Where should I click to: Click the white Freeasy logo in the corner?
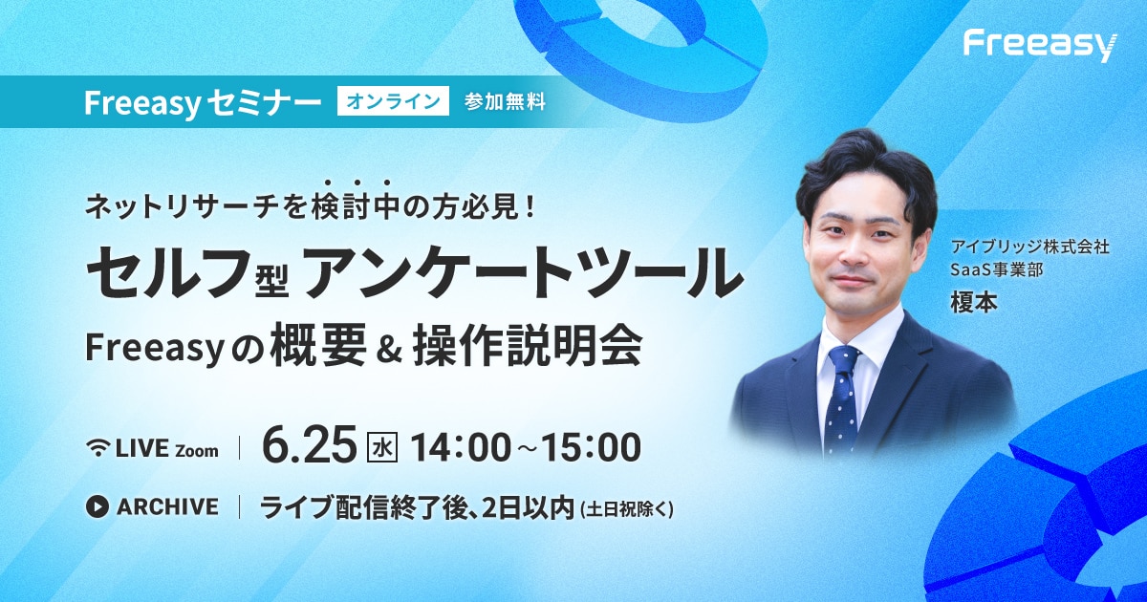(x=1040, y=48)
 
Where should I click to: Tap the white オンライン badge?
(x=393, y=101)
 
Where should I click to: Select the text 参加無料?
(x=505, y=102)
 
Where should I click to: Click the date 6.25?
(x=309, y=447)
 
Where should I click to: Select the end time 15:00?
(x=591, y=447)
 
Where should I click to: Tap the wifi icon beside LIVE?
(x=98, y=448)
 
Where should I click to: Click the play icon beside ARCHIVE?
(x=97, y=506)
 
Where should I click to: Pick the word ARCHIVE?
(x=167, y=506)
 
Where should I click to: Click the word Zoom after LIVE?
(x=197, y=451)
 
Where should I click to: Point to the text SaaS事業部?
(x=996, y=269)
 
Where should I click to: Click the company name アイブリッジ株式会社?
(x=1029, y=247)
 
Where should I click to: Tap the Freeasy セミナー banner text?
(x=203, y=102)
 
